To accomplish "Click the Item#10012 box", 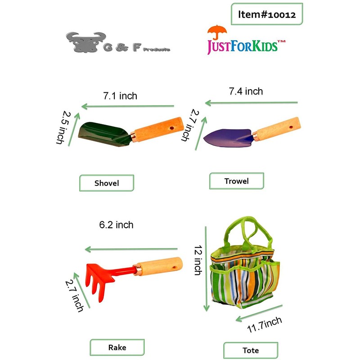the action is pos(266,15).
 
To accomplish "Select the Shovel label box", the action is pos(107,183).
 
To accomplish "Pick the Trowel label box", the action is pos(236,181).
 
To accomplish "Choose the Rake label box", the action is pos(117,347).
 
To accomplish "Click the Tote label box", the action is pos(250,350).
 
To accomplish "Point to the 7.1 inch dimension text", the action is pos(120,96).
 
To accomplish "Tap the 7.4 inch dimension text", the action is pos(246,91).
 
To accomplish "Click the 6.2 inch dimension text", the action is pos(116,225).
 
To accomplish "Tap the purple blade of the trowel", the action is pos(225,137).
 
